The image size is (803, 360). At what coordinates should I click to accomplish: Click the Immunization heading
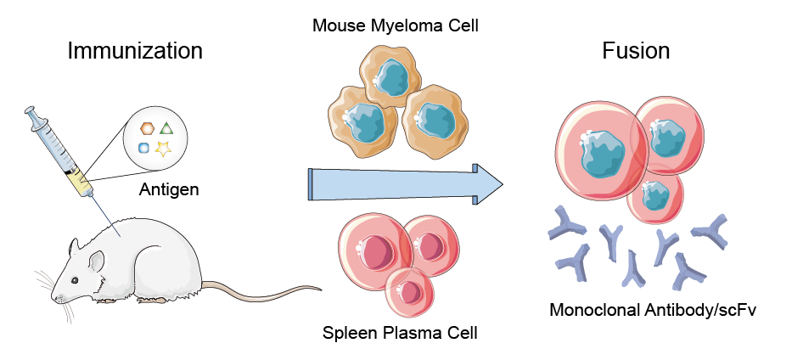pyautogui.click(x=135, y=51)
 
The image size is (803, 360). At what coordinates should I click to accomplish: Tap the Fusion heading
pyautogui.click(x=635, y=51)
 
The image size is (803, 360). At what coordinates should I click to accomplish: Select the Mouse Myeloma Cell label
pyautogui.click(x=396, y=25)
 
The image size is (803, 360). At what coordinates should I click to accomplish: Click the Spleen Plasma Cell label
pyautogui.click(x=400, y=333)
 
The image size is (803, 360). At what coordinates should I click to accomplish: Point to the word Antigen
pyautogui.click(x=169, y=188)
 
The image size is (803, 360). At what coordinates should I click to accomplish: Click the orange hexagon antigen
pyautogui.click(x=147, y=128)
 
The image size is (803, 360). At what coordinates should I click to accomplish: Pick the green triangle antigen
pyautogui.click(x=167, y=128)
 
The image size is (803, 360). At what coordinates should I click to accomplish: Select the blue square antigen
pyautogui.click(x=144, y=148)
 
